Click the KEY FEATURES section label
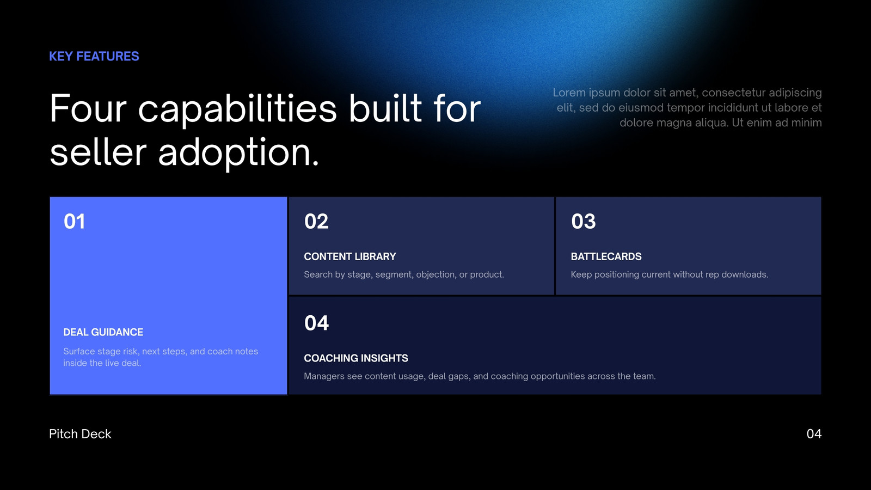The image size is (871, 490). coord(94,57)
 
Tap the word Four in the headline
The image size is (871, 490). coord(88,108)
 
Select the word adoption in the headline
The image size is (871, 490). coord(238,152)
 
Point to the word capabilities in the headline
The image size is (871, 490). coord(237,109)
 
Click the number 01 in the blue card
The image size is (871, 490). coord(74,221)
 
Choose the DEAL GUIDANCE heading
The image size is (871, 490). coord(103,332)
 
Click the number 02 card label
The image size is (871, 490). coord(316,221)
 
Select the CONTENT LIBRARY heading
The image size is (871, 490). coord(350,256)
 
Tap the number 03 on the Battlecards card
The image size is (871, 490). coord(583,221)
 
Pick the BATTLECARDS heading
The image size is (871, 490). coord(606,256)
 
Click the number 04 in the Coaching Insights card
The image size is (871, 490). coord(316,323)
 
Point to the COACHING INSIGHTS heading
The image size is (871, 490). coord(356,358)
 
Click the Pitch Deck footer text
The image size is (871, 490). coord(80,434)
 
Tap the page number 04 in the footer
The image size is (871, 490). coord(814,434)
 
